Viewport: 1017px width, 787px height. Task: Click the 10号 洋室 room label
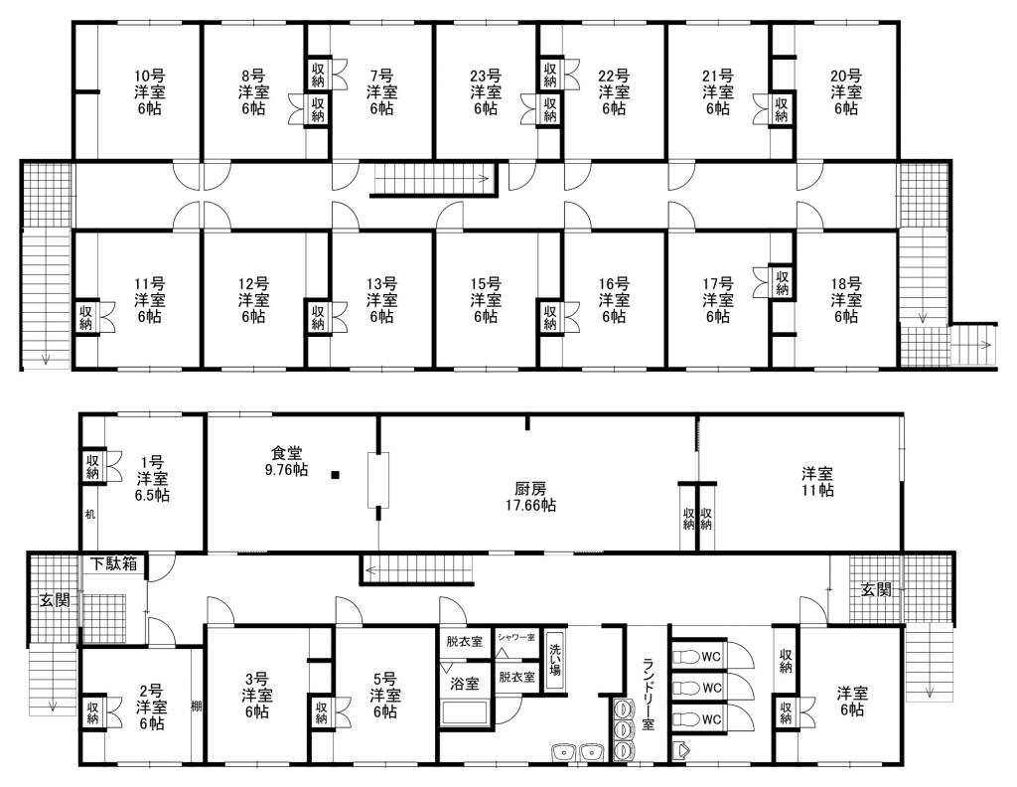149,92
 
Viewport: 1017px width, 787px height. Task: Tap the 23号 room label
486,92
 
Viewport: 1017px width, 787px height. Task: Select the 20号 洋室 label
846,92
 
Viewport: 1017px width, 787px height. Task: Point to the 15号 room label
486,300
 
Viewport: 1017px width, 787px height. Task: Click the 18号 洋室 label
846,300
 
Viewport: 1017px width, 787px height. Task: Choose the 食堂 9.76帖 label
287,461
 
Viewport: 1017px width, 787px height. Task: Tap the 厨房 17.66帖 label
530,496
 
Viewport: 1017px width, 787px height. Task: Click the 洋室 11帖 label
817,481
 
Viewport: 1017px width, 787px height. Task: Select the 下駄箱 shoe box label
114,563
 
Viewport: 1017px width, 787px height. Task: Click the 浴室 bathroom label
465,684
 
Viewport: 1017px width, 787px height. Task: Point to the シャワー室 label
516,637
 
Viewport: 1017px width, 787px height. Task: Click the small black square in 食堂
335,475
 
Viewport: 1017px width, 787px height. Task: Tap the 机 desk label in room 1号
90,515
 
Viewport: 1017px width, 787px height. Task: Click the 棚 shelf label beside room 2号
197,706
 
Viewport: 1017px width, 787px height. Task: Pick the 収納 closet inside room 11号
86,317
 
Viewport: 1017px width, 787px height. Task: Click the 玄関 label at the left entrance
56,601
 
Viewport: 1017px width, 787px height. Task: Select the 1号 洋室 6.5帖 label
152,479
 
